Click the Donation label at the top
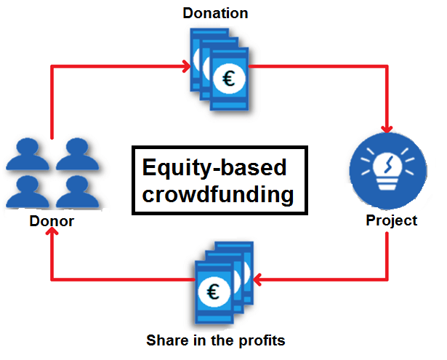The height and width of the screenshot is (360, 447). (x=215, y=13)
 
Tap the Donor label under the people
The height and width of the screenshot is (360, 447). (x=51, y=222)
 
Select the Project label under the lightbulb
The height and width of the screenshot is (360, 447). (x=391, y=220)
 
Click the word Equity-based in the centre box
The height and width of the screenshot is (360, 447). (x=214, y=168)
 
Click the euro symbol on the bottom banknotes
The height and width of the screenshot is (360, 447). (x=213, y=292)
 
